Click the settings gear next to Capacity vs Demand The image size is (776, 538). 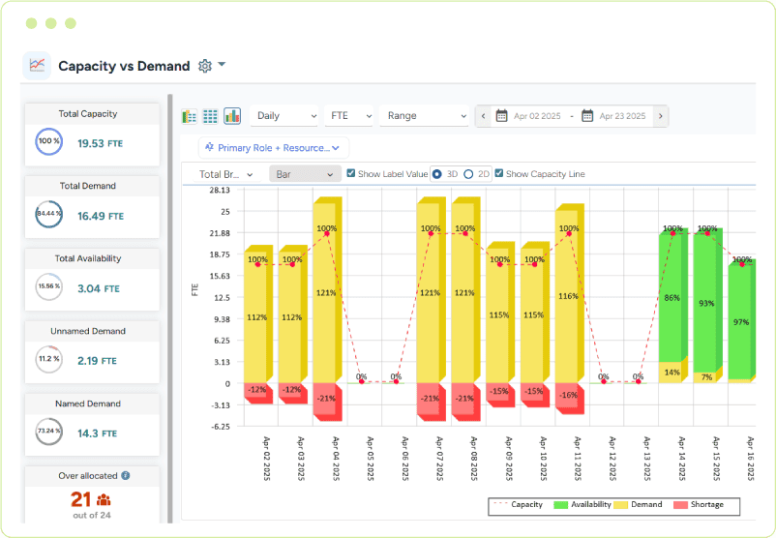204,66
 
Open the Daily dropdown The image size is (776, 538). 284,116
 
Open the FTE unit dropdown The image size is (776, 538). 349,116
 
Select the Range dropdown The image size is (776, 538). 425,116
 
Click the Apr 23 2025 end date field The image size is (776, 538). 621,116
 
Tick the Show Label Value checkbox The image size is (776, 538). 351,174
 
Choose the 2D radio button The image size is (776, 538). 469,174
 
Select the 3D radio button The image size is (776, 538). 437,174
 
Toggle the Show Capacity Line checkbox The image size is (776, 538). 499,174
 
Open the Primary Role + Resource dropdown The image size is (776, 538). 274,147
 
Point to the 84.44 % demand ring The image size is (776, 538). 48,214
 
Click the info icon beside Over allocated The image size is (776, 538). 126,476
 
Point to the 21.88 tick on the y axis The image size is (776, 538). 219,233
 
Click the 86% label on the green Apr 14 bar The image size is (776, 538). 672,298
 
